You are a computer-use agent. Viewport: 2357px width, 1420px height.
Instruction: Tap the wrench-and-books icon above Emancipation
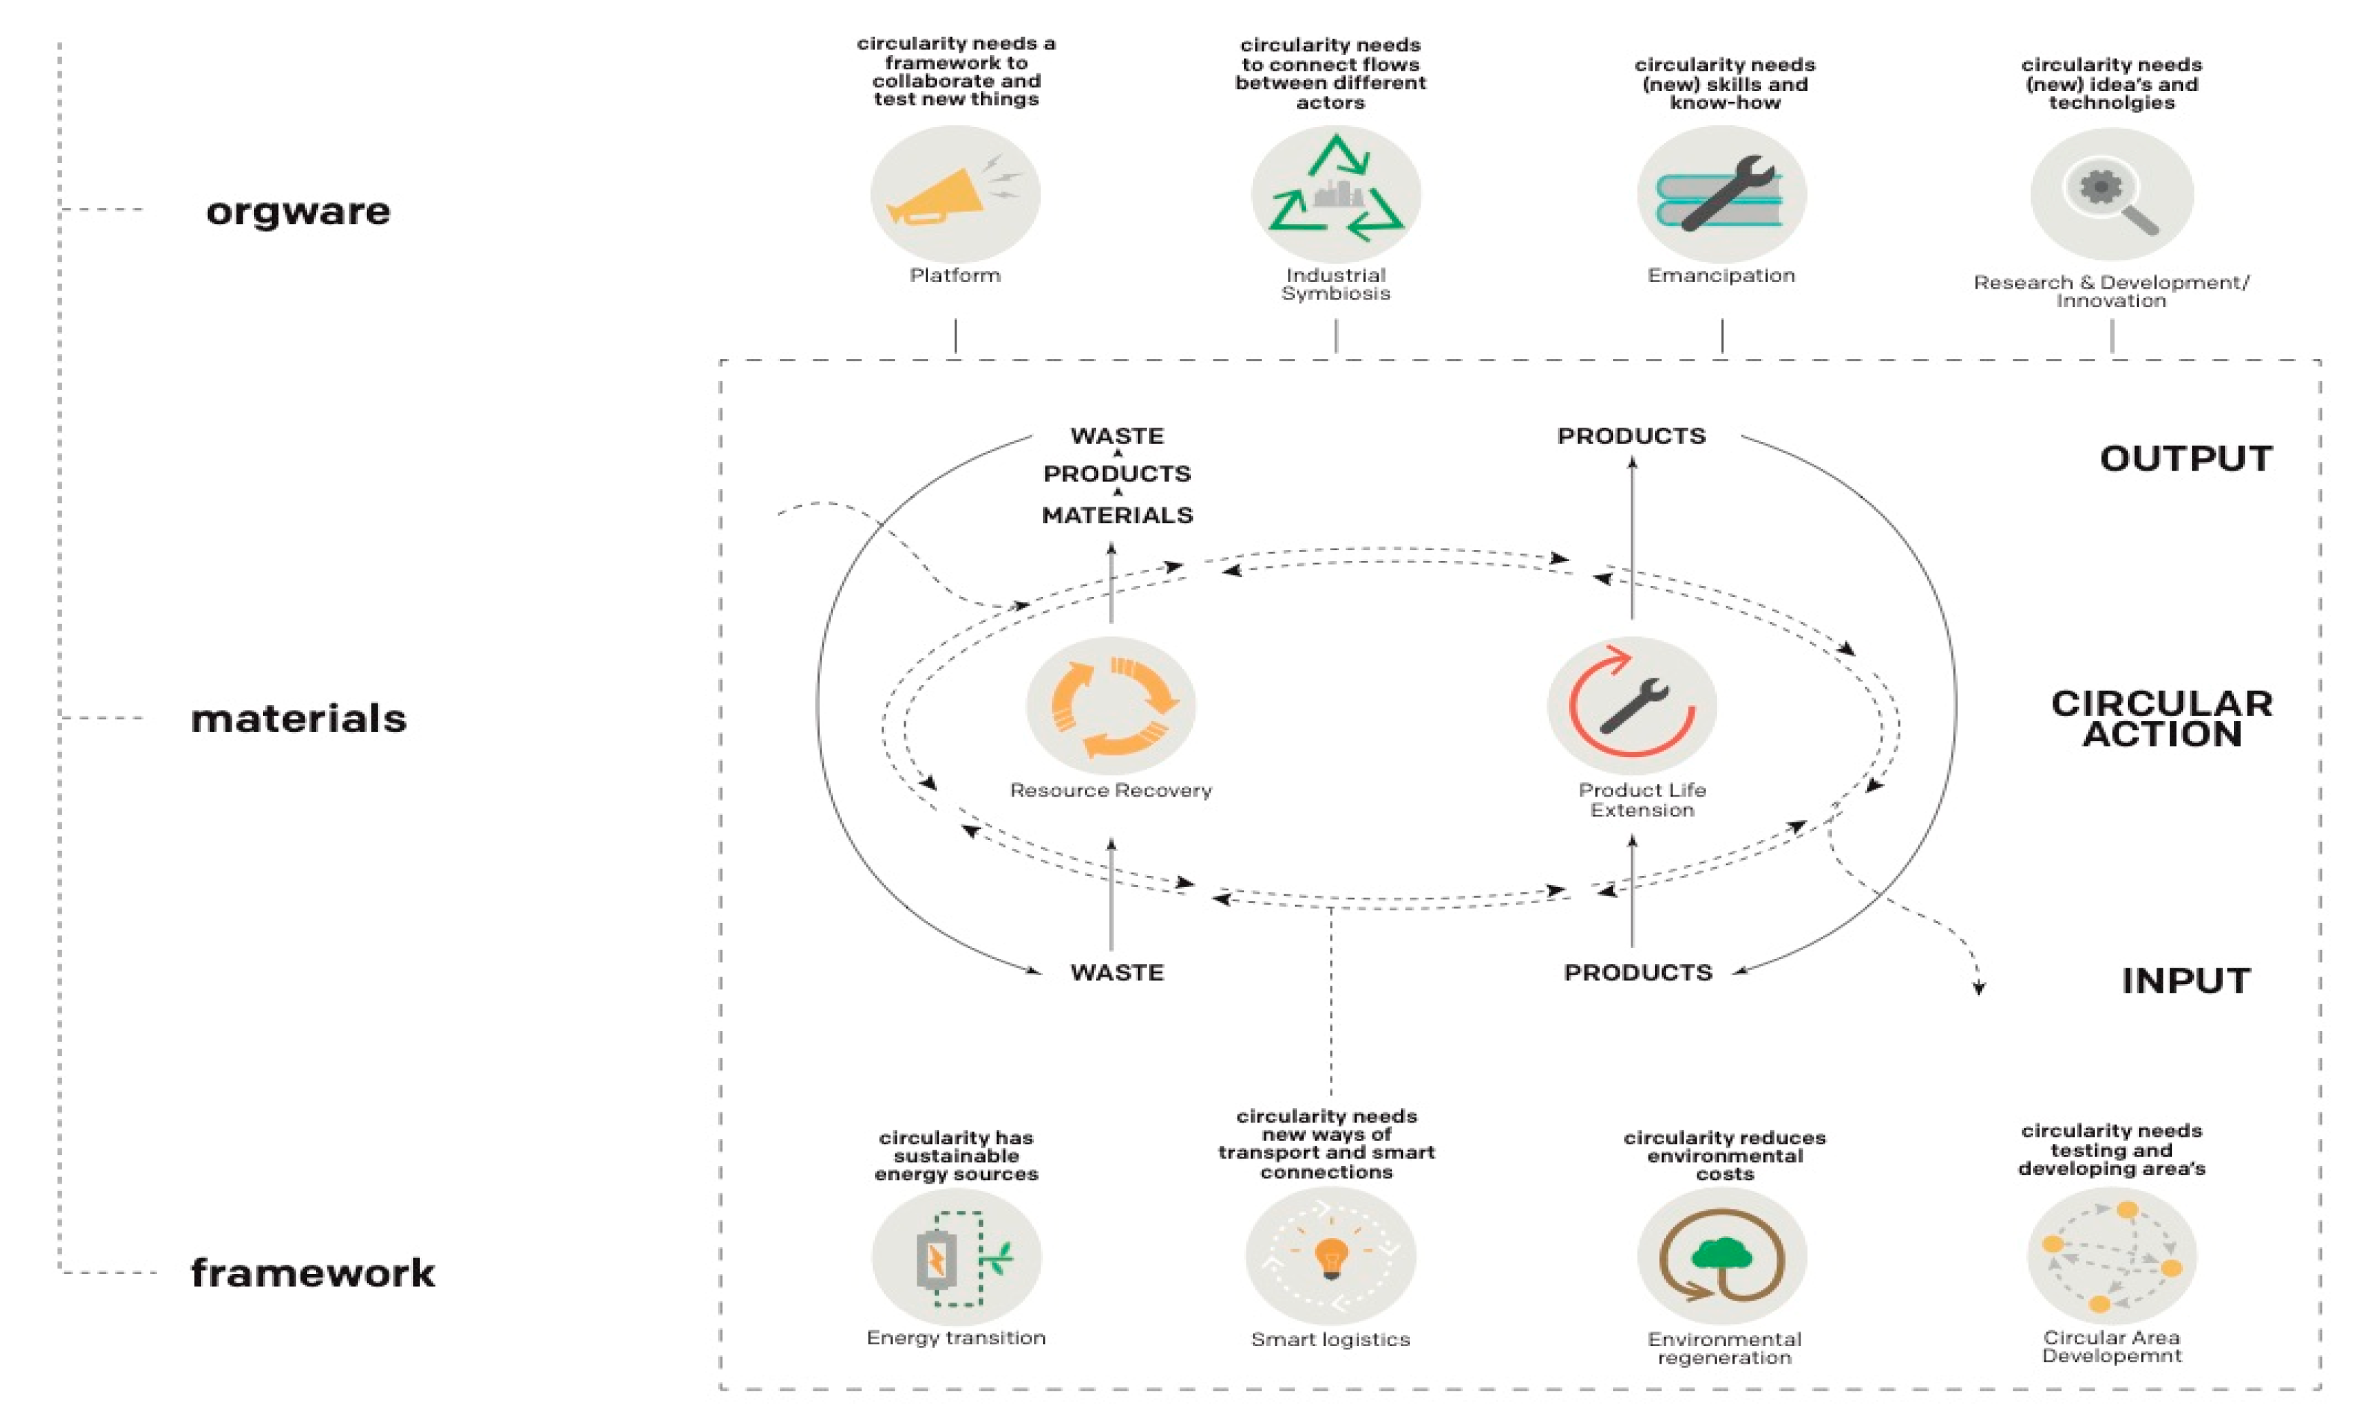pyautogui.click(x=1722, y=195)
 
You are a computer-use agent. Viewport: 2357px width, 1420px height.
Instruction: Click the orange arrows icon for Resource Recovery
pyautogui.click(x=1111, y=706)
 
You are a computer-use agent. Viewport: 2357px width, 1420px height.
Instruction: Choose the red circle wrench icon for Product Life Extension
pyautogui.click(x=1632, y=706)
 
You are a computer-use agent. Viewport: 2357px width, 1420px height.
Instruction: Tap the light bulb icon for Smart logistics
pyautogui.click(x=1330, y=1256)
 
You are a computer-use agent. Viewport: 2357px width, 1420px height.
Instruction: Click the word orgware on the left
pyautogui.click(x=298, y=211)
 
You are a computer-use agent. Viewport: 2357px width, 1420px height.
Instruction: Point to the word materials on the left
pyautogui.click(x=298, y=719)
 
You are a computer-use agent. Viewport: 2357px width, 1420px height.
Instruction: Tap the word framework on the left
pyautogui.click(x=312, y=1273)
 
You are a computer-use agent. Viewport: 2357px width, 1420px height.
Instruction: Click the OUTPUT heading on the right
pyautogui.click(x=2186, y=459)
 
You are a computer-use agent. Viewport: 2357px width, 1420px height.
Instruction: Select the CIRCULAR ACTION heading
pyautogui.click(x=2162, y=719)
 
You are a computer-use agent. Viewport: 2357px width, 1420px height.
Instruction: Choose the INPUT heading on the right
pyautogui.click(x=2186, y=981)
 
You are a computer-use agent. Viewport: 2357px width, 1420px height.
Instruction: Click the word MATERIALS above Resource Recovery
pyautogui.click(x=1117, y=515)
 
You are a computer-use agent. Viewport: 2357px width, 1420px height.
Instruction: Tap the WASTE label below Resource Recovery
pyautogui.click(x=1117, y=972)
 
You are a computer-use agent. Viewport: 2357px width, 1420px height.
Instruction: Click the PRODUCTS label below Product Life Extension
pyautogui.click(x=1637, y=972)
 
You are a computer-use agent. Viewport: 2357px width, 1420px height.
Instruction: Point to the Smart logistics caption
pyautogui.click(x=1330, y=1339)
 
